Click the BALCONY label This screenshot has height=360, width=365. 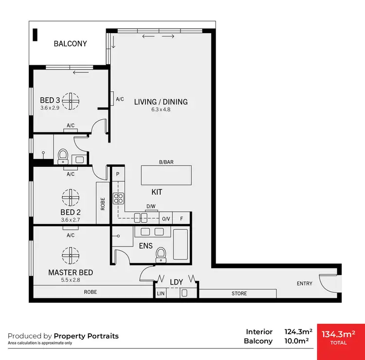tap(71, 44)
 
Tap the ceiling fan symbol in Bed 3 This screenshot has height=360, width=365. tap(71, 101)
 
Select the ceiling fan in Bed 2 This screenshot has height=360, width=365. tap(71, 197)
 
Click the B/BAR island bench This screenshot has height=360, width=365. tap(166, 176)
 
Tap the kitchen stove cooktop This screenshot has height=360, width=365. tap(118, 198)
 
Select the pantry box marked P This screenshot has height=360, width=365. tap(118, 174)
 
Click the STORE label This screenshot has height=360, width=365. tap(239, 293)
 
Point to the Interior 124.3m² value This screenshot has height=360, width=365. tap(298, 332)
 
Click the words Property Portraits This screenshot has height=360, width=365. tap(86, 336)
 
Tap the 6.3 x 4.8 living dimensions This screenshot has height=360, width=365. tap(161, 109)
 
